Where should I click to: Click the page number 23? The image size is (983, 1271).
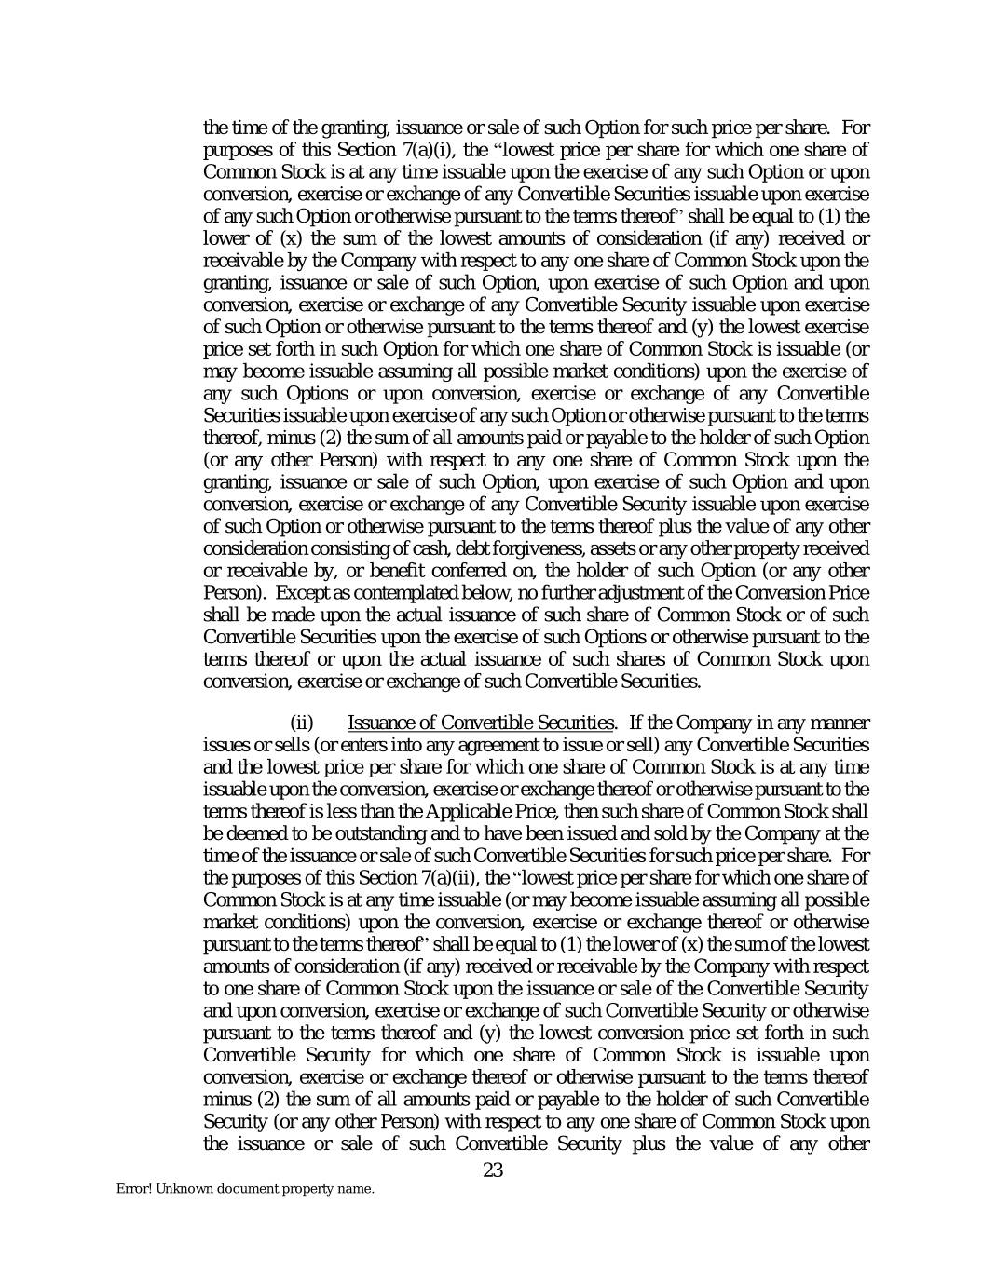pyautogui.click(x=493, y=1170)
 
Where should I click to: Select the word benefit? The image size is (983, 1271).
pyautogui.click(x=448, y=571)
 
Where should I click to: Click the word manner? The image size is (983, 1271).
pyautogui.click(x=841, y=723)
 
